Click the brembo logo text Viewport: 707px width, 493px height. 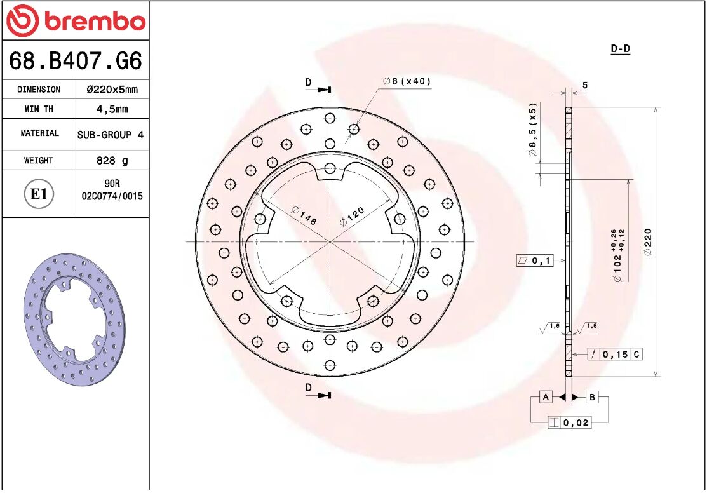pos(93,22)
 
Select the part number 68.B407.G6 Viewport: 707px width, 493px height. pos(75,61)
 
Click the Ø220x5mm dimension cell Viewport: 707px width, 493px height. pos(112,90)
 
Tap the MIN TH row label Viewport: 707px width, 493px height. pos(39,109)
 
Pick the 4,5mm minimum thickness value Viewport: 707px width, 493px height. pos(112,109)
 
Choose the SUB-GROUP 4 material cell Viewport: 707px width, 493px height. pos(111,135)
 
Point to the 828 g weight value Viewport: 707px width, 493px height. pos(112,161)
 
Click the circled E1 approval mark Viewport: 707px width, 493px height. pos(39,194)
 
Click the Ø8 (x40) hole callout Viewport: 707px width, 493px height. pos(407,81)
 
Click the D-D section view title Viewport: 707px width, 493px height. pos(620,49)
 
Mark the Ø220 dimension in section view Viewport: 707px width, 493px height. pos(648,242)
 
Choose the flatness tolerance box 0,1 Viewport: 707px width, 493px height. pos(535,260)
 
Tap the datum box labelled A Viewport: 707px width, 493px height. pos(545,398)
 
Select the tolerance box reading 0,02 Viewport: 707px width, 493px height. pos(570,422)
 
